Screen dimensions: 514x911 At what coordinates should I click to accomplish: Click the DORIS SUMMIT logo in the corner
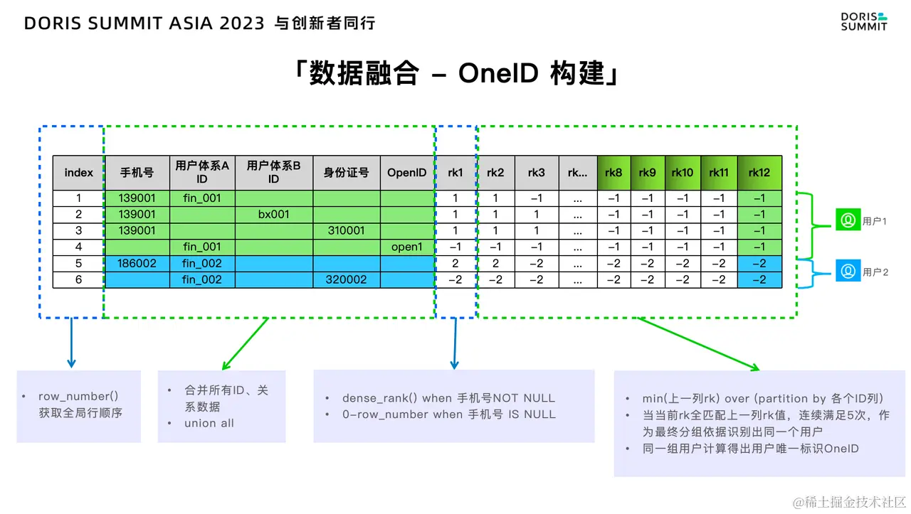(863, 21)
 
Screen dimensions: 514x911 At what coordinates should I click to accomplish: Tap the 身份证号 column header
(347, 173)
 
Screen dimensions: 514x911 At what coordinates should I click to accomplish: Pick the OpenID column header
(407, 173)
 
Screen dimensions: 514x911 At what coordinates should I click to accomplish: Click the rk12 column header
(759, 173)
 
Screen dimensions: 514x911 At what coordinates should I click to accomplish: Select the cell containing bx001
(274, 214)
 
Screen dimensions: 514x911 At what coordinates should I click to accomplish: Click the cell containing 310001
(347, 230)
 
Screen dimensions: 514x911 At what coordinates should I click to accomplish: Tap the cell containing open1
(407, 247)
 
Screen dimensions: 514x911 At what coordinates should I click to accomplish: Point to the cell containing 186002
(137, 263)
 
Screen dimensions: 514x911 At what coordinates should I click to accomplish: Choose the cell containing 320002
(347, 279)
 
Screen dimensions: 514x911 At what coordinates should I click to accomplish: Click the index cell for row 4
(79, 247)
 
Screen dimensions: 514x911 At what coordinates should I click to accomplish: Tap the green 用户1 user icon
(848, 221)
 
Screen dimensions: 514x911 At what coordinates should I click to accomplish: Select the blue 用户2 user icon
(848, 272)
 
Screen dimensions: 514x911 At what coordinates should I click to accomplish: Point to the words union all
(209, 423)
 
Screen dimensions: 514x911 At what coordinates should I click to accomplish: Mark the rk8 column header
(614, 173)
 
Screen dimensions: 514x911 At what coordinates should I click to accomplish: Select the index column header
(79, 173)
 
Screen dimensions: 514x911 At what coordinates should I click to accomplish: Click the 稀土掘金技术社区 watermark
(851, 502)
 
